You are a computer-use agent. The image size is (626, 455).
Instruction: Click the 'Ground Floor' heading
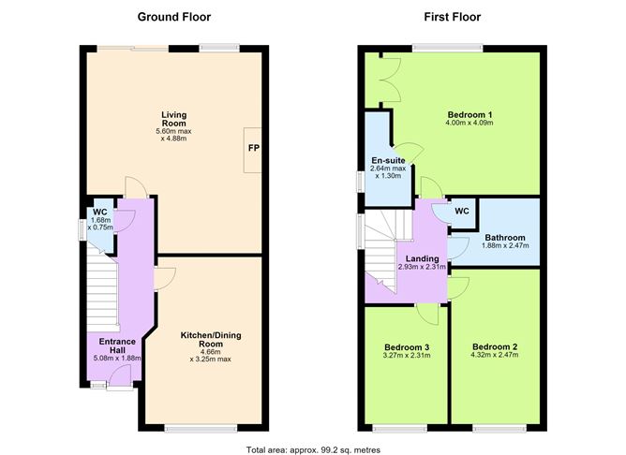(x=174, y=17)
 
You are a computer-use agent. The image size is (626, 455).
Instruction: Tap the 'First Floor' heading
(x=453, y=17)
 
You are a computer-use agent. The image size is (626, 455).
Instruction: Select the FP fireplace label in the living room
(x=254, y=148)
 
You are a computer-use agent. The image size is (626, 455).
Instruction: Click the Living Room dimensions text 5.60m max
(x=173, y=131)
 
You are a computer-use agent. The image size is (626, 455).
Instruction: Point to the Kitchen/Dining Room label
(x=211, y=339)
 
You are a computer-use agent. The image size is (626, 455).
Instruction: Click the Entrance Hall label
(x=117, y=345)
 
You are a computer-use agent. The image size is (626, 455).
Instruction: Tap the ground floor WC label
(x=100, y=213)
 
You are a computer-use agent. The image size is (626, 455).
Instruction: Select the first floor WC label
(x=462, y=211)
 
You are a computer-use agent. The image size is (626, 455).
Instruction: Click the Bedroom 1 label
(x=469, y=115)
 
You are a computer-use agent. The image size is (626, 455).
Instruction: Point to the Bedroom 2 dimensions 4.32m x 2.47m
(x=495, y=355)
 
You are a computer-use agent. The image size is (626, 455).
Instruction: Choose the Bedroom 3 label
(x=407, y=347)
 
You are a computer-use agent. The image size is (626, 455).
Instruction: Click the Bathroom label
(x=505, y=238)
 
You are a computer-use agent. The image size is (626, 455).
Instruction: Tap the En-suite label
(x=389, y=160)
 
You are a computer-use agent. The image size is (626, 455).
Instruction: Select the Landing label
(x=423, y=258)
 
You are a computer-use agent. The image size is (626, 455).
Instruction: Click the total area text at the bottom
(x=313, y=449)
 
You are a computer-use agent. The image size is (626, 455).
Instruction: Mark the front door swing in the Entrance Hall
(x=120, y=375)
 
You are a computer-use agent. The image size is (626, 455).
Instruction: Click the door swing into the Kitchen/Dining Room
(x=165, y=278)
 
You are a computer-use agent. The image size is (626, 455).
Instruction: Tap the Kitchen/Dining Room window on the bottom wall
(x=201, y=428)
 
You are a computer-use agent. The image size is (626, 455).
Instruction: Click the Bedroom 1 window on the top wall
(x=448, y=49)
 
